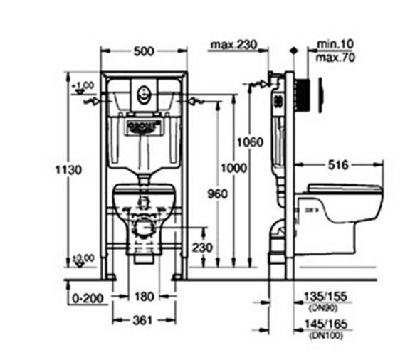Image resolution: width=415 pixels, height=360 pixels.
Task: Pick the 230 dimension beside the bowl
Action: pos(202,248)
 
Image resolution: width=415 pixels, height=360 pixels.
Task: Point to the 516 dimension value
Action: pos(337,165)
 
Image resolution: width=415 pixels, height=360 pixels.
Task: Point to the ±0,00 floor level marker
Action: pos(83,257)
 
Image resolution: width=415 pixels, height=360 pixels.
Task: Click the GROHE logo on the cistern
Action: pos(141,127)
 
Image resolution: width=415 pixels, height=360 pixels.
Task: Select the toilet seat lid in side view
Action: pos(345,189)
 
